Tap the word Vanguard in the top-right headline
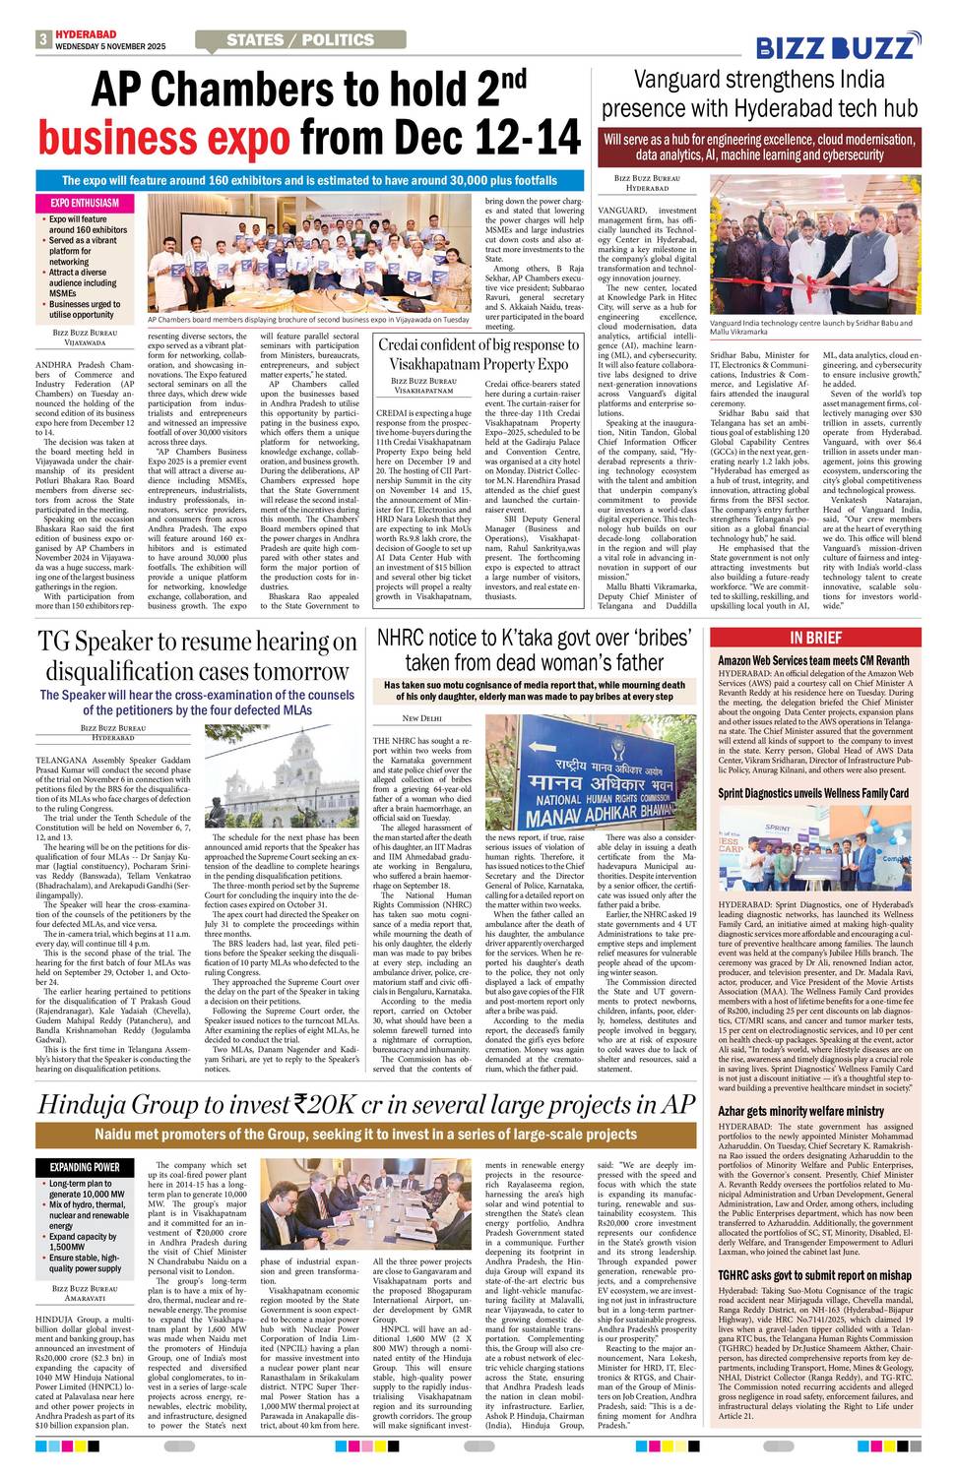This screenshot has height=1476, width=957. (687, 80)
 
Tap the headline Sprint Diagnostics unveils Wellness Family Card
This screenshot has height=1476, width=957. (812, 792)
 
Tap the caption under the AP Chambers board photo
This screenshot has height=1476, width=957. (307, 320)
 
